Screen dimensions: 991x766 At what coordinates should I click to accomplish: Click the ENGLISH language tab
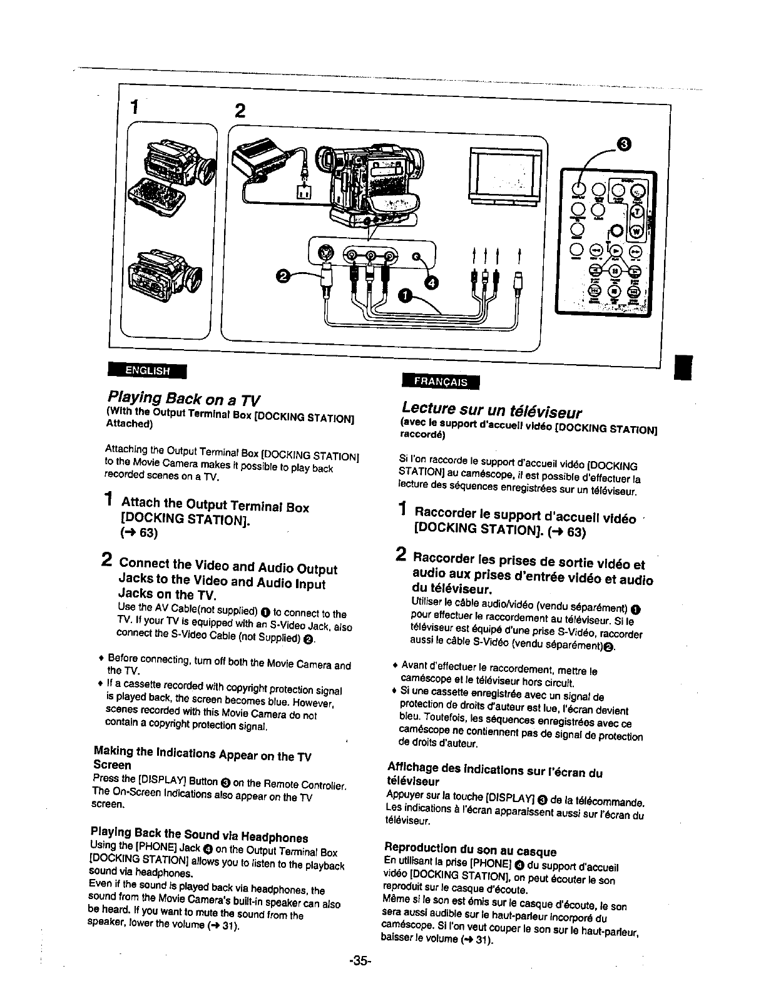point(148,370)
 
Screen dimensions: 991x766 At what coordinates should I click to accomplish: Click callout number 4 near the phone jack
point(432,283)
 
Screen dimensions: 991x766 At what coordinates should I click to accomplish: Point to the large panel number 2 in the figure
point(239,111)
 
